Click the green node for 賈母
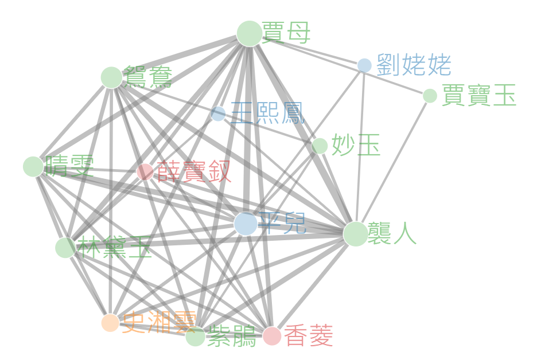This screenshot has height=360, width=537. click(249, 33)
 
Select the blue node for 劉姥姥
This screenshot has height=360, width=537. click(364, 65)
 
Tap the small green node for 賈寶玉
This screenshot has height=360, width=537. click(430, 96)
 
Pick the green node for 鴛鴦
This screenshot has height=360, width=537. click(111, 77)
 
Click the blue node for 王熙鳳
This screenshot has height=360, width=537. click(218, 114)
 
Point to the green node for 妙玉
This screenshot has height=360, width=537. click(320, 146)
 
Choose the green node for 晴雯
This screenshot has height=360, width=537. click(33, 166)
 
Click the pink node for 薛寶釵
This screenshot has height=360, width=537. click(145, 171)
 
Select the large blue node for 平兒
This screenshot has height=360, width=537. click(246, 224)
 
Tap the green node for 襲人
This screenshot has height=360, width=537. click(355, 234)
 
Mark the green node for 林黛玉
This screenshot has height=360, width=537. click(65, 248)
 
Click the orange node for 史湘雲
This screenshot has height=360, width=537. click(110, 323)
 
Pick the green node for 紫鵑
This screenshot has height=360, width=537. click(195, 337)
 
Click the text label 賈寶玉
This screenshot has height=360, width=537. click(479, 96)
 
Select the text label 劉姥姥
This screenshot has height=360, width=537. click(414, 65)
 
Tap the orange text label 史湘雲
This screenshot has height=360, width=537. click(159, 323)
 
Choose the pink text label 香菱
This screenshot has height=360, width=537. click(308, 336)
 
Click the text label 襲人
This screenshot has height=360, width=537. click(393, 234)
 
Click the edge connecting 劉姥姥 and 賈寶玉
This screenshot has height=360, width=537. click(397, 81)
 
